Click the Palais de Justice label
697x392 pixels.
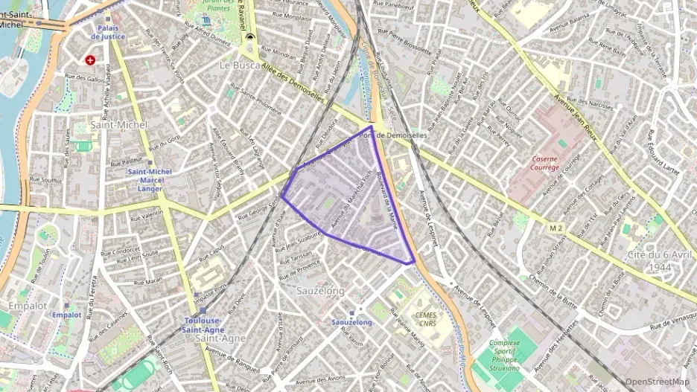pyautogui.click(x=107, y=30)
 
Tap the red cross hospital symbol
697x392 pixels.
pyautogui.click(x=90, y=60)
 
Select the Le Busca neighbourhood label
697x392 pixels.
pyautogui.click(x=238, y=65)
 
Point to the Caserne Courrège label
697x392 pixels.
pyautogui.click(x=546, y=163)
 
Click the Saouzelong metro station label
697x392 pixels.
pyautogui.click(x=351, y=322)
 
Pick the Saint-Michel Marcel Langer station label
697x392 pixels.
pyautogui.click(x=150, y=180)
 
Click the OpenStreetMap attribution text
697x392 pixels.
pyautogui.click(x=658, y=382)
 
